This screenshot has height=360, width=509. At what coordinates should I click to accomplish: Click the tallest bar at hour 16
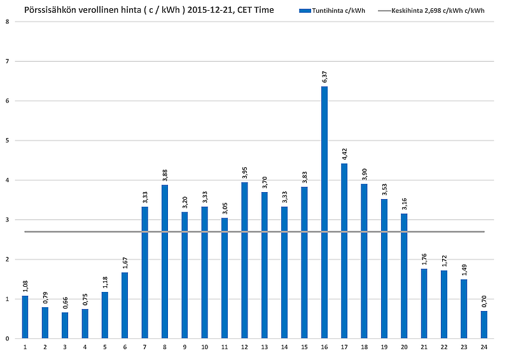click(x=324, y=212)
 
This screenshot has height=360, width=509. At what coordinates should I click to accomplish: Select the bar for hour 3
click(x=65, y=325)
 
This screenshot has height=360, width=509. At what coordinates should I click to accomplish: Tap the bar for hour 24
click(x=484, y=324)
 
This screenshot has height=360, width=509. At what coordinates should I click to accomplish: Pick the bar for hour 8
click(x=165, y=261)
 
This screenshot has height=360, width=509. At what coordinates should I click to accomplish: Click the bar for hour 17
click(x=344, y=251)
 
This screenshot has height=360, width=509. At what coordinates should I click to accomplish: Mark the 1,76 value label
click(x=424, y=260)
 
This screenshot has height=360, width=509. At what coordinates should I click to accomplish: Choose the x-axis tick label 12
click(x=244, y=347)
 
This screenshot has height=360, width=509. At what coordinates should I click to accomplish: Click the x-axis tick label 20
click(x=404, y=347)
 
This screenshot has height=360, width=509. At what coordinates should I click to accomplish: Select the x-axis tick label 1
click(x=25, y=347)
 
